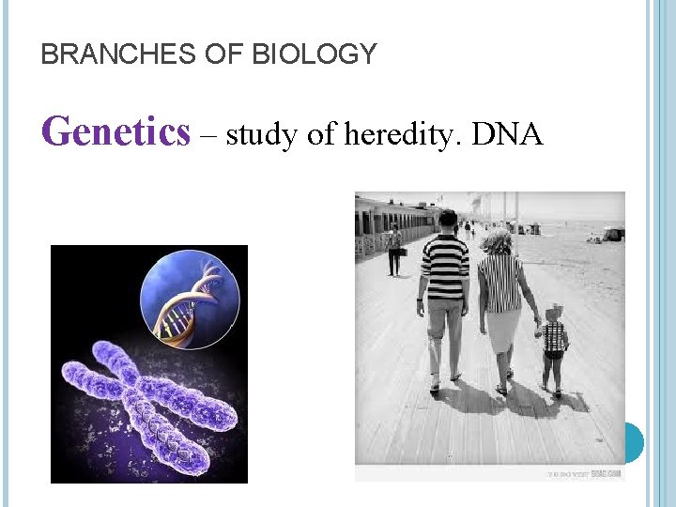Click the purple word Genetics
(116, 131)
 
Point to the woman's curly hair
(498, 241)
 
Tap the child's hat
(556, 311)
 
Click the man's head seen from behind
(448, 222)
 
